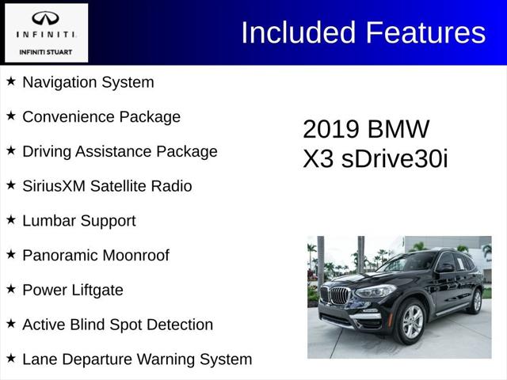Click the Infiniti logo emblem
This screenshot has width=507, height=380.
pos(46,18)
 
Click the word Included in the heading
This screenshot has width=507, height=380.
pos(299,32)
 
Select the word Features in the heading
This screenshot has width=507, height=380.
pos(425,32)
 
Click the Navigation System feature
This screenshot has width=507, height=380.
pos(88,82)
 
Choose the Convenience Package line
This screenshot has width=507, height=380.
pos(101,117)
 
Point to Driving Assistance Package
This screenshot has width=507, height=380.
pos(120,151)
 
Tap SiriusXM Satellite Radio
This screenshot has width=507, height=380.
pos(107,186)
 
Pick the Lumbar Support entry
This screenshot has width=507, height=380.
pos(79,221)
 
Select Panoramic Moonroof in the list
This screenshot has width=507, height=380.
pos(96,256)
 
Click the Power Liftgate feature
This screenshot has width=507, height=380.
pos(73,290)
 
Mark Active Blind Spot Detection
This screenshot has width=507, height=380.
pos(117,325)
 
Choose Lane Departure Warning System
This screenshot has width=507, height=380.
pos(137,359)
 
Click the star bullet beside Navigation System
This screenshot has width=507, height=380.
pos(11,82)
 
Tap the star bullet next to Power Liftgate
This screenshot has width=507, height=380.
pos(11,289)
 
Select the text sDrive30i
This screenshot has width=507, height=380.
pos(395,158)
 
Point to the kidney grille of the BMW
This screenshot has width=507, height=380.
pos(340,297)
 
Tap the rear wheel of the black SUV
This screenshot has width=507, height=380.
pos(477,301)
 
